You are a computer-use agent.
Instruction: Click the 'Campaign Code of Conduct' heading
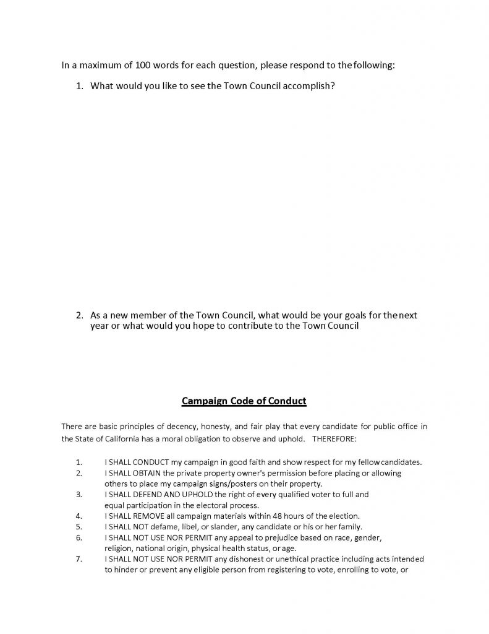[x=244, y=401]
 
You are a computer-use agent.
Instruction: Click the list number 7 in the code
[x=79, y=558]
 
